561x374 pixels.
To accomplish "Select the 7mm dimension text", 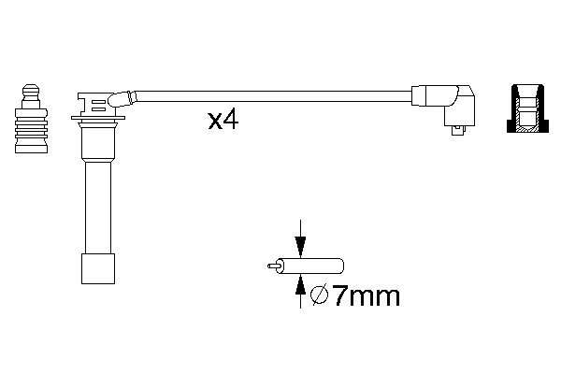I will pyautogui.click(x=366, y=297).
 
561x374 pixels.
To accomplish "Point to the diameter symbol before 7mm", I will pyautogui.click(x=318, y=297).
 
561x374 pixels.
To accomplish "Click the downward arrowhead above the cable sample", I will pyautogui.click(x=299, y=249).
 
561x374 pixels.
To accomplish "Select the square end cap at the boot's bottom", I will pyautogui.click(x=96, y=268).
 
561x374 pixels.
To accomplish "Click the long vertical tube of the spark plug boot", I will pyautogui.click(x=96, y=206).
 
